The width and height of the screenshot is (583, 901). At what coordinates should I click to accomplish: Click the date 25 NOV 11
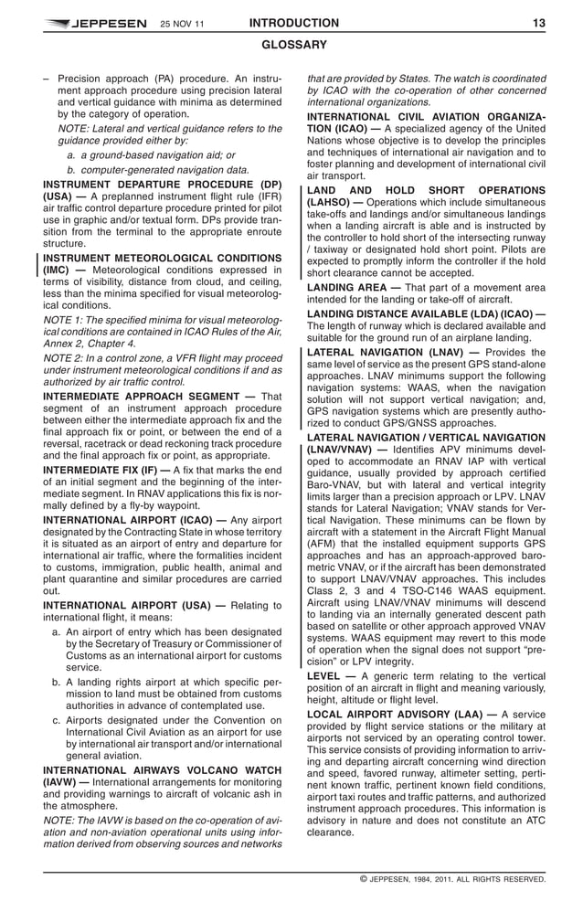pyautogui.click(x=183, y=24)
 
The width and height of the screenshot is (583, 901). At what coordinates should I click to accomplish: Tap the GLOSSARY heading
pyautogui.click(x=293, y=45)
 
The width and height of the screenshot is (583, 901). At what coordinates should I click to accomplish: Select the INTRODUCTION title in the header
pyautogui.click(x=293, y=23)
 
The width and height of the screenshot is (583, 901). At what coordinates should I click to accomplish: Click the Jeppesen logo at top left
pyautogui.click(x=93, y=24)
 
